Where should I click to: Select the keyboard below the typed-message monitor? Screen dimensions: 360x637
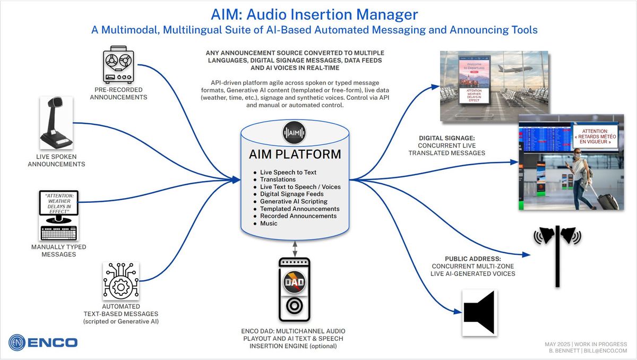point(58,232)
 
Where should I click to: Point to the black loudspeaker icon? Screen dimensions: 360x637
point(480,313)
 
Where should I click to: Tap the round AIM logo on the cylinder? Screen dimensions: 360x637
point(295,133)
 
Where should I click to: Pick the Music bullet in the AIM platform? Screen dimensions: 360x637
point(269,224)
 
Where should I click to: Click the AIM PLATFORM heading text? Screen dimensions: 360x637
point(295,155)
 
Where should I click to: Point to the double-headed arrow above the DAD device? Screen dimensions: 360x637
point(295,247)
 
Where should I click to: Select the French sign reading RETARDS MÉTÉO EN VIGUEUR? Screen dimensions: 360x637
point(595,136)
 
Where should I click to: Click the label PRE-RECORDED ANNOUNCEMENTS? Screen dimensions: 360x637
point(118,93)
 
